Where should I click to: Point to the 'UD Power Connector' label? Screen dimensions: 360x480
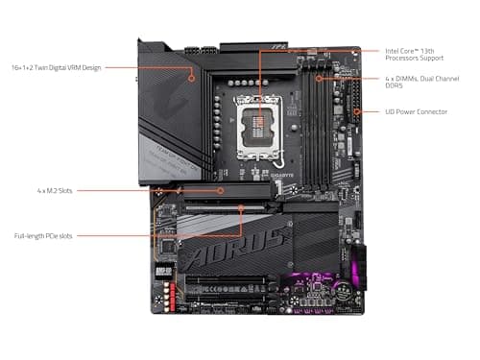coord(417,111)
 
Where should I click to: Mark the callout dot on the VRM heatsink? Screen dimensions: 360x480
coord(190,68)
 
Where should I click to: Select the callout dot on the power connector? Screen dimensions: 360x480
coord(357,111)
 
